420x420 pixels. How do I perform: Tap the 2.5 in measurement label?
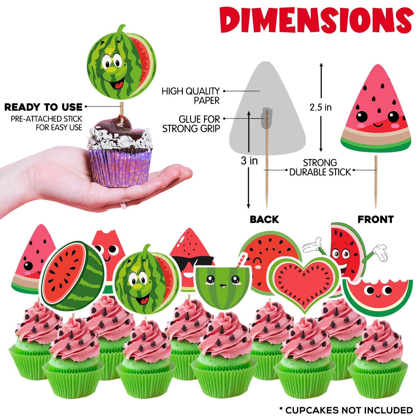click(321, 107)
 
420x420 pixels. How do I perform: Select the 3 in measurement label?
click(249, 161)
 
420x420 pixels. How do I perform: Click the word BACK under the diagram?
click(264, 219)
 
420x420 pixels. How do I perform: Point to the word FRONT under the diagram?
click(375, 219)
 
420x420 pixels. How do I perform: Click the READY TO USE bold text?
click(43, 107)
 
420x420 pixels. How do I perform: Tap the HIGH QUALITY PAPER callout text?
click(191, 96)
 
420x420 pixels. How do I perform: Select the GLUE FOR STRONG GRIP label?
click(192, 124)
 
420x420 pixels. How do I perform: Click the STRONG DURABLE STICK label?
click(320, 167)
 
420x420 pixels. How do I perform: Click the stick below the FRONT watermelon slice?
click(376, 182)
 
